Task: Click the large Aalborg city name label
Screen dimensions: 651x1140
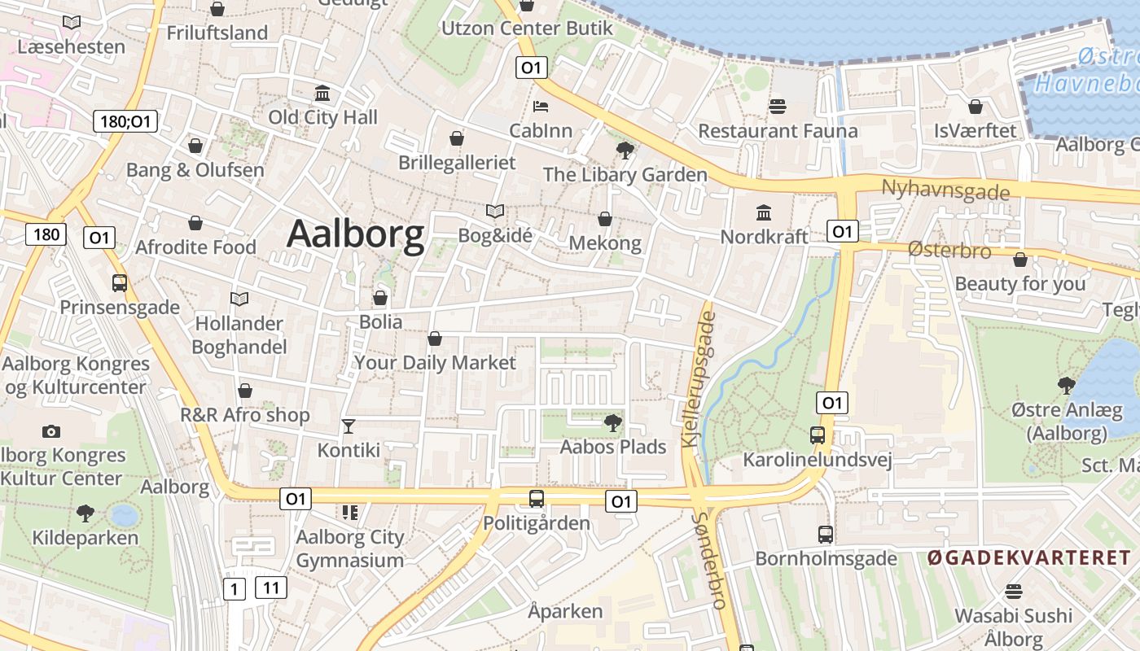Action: coord(356,234)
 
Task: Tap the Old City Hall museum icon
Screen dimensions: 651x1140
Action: coord(322,93)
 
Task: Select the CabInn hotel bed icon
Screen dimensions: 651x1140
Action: coord(541,106)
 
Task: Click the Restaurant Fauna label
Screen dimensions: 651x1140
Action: coord(778,131)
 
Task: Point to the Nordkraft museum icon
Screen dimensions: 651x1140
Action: coord(764,213)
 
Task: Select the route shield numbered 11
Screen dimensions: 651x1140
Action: coord(271,588)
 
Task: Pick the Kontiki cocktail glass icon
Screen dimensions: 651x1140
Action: coord(349,426)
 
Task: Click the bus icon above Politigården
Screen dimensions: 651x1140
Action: coord(536,499)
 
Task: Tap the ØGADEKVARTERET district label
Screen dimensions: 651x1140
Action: coord(1029,558)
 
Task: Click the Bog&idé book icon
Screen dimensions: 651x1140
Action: coord(495,212)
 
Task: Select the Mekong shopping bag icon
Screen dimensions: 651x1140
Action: coord(605,219)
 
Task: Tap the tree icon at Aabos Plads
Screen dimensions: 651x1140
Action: coord(612,422)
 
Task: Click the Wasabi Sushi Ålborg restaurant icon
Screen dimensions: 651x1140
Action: coord(1014,591)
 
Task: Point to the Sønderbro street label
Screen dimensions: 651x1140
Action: coord(709,561)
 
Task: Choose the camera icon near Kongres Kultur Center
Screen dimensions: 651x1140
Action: coord(51,431)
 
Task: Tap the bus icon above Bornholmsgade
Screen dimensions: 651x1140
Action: coord(826,535)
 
